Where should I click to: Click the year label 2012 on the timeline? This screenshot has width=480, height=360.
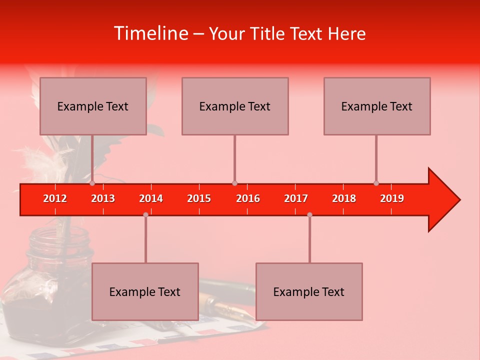(55, 198)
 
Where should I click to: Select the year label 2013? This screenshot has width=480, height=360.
(103, 198)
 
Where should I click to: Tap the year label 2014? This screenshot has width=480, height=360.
(151, 198)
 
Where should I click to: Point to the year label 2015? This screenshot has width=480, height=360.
(199, 198)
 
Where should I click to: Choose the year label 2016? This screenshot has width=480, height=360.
(248, 198)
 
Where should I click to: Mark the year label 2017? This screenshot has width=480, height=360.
(296, 198)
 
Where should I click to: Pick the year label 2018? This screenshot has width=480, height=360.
(344, 198)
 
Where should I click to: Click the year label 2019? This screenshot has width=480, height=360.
(392, 198)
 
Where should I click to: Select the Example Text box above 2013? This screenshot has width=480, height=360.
(93, 106)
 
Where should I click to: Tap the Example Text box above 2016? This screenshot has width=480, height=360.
(235, 106)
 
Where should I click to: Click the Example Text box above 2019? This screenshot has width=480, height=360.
(377, 106)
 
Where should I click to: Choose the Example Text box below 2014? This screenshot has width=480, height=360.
(145, 291)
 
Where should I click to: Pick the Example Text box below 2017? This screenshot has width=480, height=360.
(309, 291)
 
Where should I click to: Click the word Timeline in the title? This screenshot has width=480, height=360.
(150, 33)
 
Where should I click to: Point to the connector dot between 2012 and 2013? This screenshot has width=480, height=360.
(92, 183)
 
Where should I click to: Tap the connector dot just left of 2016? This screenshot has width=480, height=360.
(234, 183)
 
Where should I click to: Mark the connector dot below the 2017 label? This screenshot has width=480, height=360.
(309, 214)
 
